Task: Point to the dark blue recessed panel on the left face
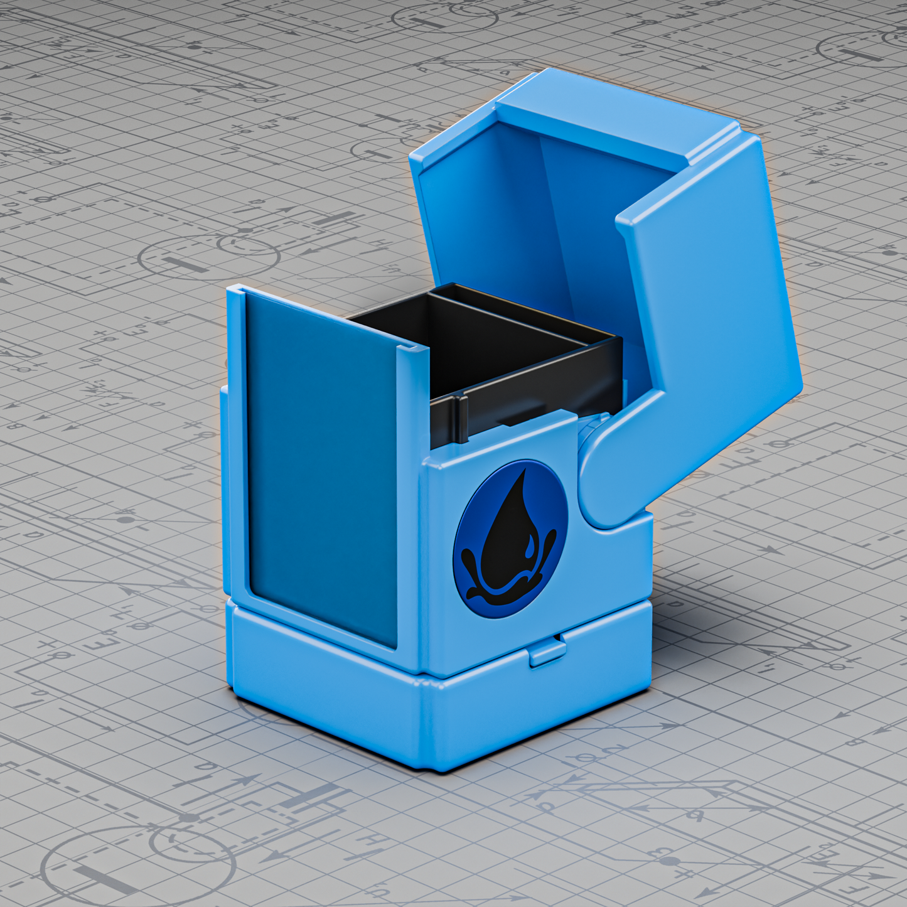320,464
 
